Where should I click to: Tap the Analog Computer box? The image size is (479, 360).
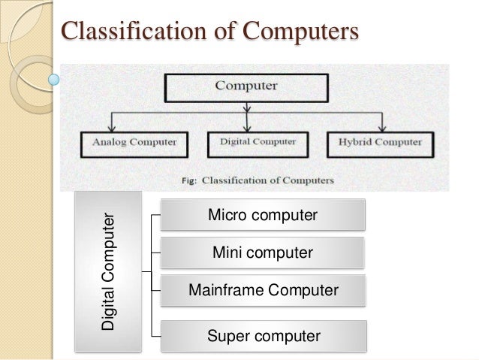(134, 141)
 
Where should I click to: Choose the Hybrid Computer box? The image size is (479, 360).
(380, 141)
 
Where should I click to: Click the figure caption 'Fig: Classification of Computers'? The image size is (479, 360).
(248, 180)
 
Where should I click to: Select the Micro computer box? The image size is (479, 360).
(262, 216)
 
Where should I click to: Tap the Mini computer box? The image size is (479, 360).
(262, 253)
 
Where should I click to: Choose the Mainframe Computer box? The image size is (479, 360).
(262, 290)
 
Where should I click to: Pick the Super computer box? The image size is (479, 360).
(262, 336)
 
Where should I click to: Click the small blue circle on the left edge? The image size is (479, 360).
(53, 77)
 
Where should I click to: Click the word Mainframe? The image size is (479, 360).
(223, 290)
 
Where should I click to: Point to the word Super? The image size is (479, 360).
(225, 336)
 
